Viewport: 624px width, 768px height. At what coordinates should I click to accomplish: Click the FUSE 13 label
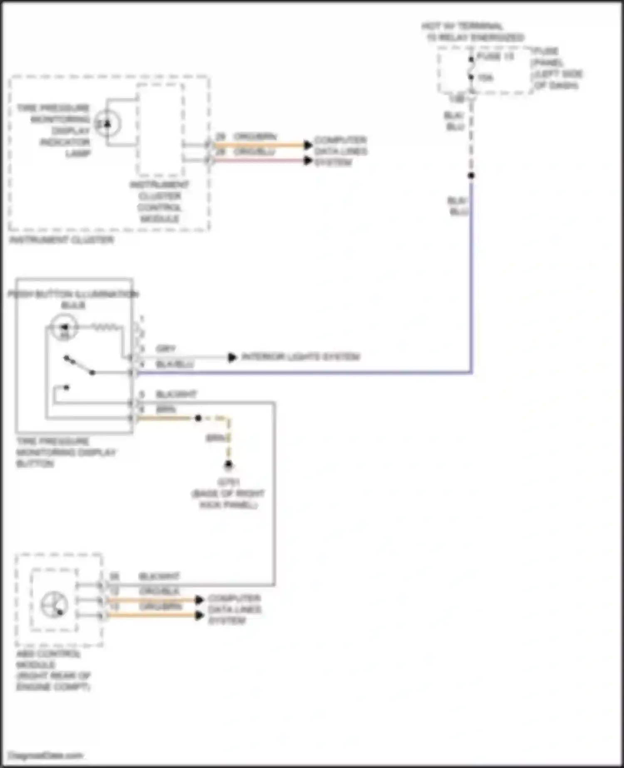pos(495,57)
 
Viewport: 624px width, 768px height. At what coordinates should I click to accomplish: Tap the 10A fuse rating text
pos(485,78)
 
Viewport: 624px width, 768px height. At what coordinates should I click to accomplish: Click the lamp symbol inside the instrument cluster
pos(108,124)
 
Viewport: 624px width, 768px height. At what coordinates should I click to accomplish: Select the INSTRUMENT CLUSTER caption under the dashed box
pos(62,240)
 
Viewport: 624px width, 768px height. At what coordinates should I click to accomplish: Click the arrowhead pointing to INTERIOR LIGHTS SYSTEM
pos(232,357)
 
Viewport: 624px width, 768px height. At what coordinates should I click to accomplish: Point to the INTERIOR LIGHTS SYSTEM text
pos(300,357)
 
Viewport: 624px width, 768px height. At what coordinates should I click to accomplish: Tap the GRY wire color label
pos(166,349)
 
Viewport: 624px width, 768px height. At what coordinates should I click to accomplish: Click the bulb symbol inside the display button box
pos(64,327)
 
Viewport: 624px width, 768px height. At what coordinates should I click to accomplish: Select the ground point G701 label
pos(228,483)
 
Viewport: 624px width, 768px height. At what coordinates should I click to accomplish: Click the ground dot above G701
pos(228,465)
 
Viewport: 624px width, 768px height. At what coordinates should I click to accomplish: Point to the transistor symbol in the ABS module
pos(54,604)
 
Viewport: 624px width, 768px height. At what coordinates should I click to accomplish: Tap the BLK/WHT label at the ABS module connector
pos(159,577)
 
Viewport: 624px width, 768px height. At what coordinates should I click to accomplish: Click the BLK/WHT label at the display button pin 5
pos(176,394)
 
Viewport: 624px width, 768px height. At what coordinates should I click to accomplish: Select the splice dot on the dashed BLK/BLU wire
pos(471,176)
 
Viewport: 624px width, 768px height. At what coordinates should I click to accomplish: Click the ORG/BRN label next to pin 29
pos(255,137)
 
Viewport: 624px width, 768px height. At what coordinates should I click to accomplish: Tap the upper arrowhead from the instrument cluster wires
pos(308,145)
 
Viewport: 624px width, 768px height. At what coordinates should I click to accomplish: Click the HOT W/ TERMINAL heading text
pos(462,27)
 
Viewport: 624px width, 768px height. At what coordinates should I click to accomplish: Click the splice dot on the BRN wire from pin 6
pos(198,418)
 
